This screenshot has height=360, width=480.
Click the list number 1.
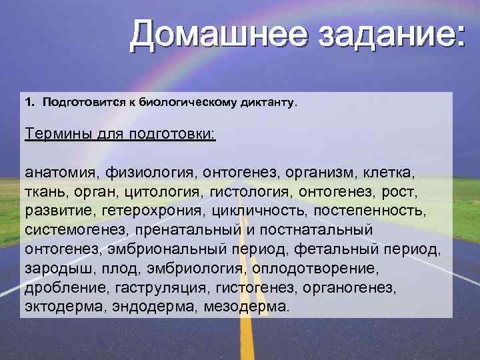pyautogui.click(x=29, y=103)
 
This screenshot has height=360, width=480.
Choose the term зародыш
pyautogui.click(x=53, y=269)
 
